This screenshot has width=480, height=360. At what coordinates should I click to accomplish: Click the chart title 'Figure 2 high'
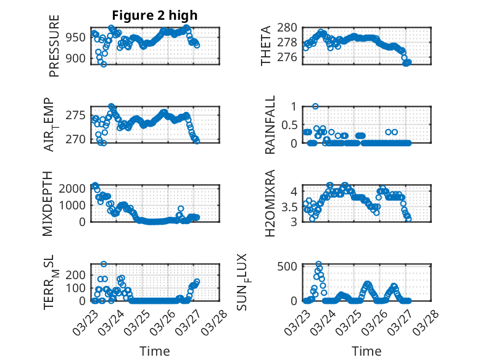pyautogui.click(x=155, y=16)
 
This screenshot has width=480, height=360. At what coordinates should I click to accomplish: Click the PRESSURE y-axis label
pyautogui.click(x=54, y=50)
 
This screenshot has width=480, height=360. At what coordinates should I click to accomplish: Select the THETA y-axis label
pyautogui.click(x=266, y=46)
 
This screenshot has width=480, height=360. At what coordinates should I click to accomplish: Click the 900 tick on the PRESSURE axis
pyautogui.click(x=78, y=59)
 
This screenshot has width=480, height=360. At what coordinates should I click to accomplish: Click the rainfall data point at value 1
pyautogui.click(x=315, y=106)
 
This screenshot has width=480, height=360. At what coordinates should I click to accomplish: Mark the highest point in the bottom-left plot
pyautogui.click(x=104, y=264)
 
